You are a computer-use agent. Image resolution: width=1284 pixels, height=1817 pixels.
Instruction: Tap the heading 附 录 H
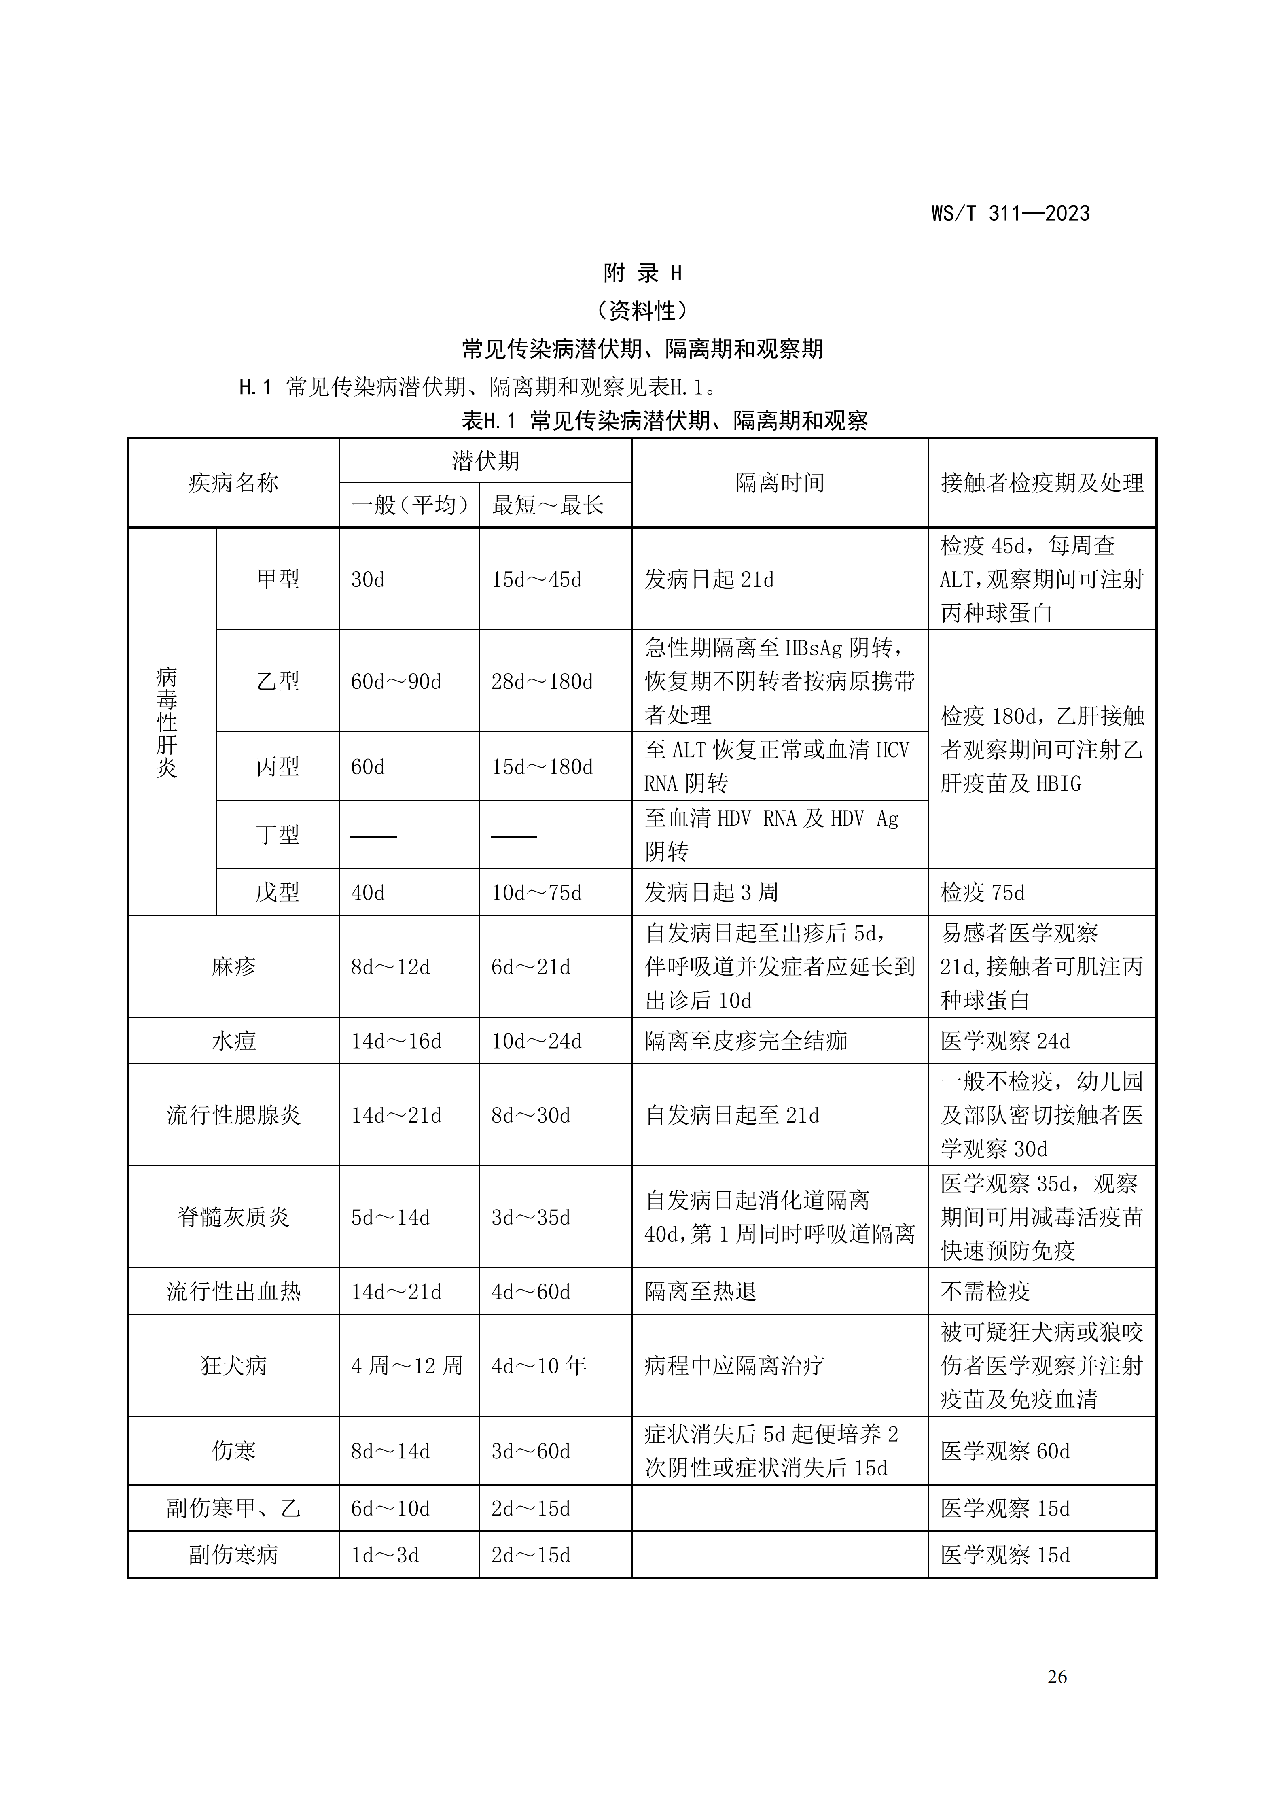click(x=642, y=274)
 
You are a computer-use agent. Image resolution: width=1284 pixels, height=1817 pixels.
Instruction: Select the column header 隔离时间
click(x=779, y=483)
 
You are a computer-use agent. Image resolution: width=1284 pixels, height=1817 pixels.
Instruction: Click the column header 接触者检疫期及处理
click(x=1041, y=483)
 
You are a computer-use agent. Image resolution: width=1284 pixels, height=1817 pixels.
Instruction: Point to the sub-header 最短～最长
click(x=547, y=505)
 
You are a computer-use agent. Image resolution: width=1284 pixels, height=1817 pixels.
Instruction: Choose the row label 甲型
click(x=278, y=579)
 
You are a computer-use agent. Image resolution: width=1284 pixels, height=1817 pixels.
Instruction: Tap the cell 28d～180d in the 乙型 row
click(x=542, y=681)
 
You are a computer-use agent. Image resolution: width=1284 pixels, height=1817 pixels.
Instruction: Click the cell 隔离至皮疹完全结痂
click(x=746, y=1041)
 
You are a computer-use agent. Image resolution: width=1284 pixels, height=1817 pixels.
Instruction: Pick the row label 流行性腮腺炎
click(x=233, y=1115)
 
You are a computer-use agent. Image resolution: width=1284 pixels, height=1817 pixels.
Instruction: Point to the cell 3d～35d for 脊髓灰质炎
click(x=531, y=1217)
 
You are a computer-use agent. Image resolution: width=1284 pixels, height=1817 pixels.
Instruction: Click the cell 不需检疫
click(x=985, y=1291)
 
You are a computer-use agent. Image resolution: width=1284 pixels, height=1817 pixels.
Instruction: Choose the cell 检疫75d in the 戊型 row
click(x=982, y=893)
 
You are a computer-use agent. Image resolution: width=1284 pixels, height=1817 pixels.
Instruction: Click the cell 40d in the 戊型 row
click(x=368, y=893)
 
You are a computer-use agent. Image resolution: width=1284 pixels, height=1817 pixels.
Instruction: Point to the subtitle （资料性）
click(x=642, y=311)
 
